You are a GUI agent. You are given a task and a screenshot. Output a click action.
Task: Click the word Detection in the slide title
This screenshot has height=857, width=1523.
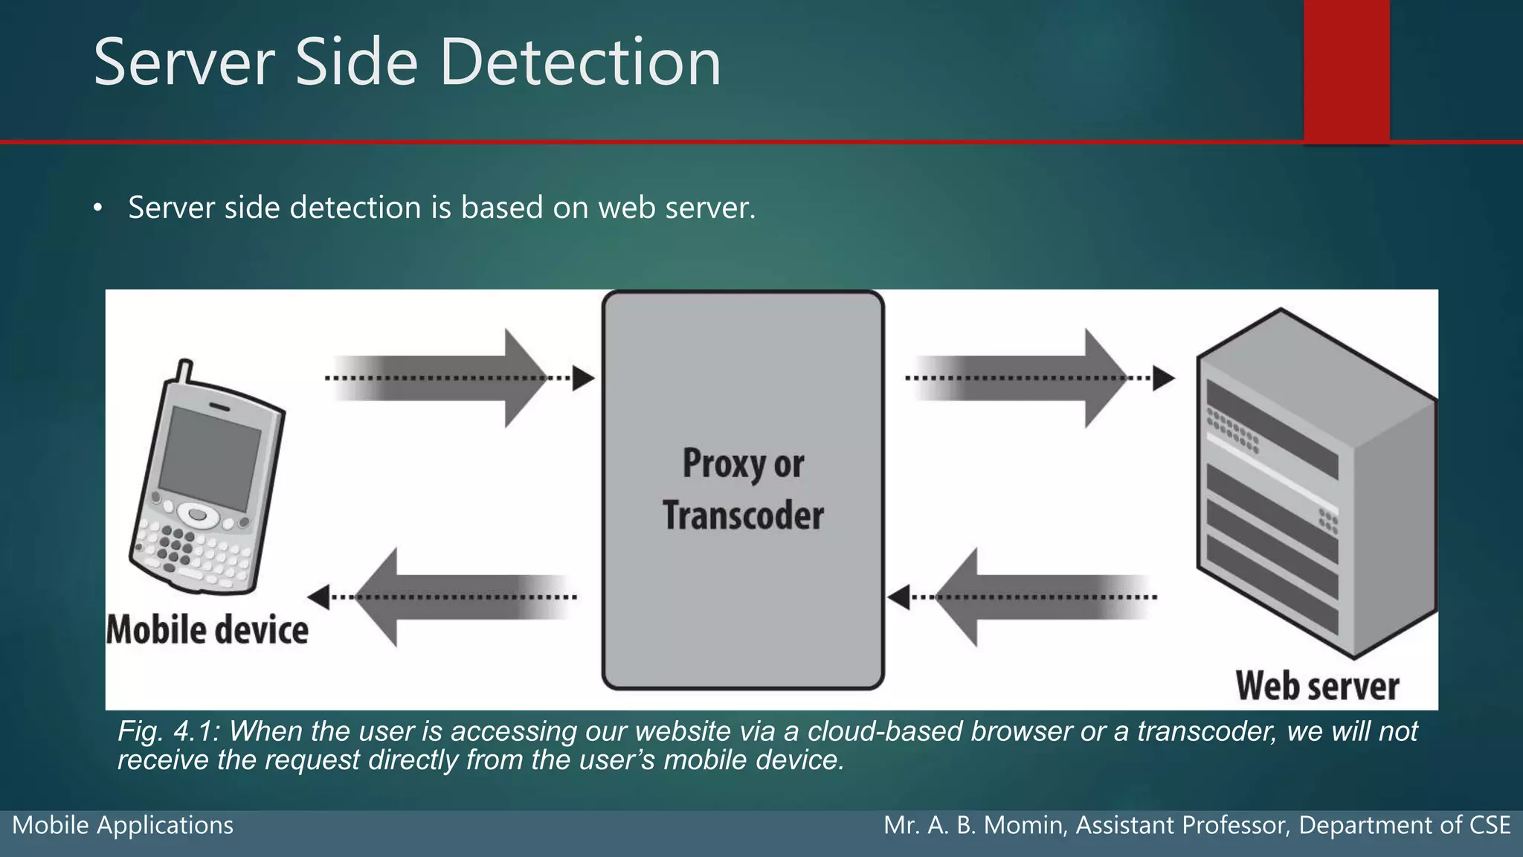tap(580, 62)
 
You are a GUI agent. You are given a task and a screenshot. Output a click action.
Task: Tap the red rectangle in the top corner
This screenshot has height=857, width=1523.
tap(1346, 68)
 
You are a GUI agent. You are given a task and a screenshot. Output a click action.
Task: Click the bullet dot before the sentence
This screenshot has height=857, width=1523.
tap(97, 208)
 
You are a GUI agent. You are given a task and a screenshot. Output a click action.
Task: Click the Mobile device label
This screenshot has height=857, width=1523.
tap(207, 630)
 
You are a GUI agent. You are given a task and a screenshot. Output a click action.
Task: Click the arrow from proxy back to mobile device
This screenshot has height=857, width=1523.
tap(446, 597)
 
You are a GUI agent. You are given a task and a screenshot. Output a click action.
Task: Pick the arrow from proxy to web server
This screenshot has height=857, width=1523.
tap(1034, 378)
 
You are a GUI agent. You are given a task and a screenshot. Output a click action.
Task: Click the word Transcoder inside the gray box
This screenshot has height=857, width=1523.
tap(743, 516)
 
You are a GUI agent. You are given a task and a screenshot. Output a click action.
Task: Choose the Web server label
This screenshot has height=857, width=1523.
tap(1317, 685)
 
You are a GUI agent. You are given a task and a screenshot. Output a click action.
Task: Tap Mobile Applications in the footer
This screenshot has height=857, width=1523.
tap(123, 825)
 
